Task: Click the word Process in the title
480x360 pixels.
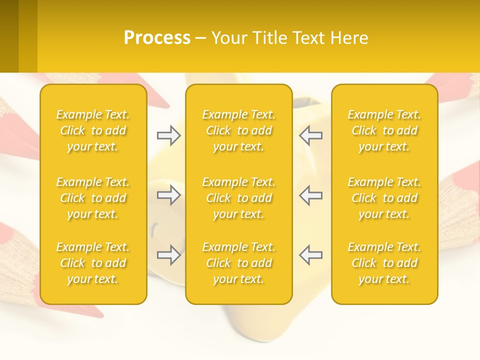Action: (x=157, y=38)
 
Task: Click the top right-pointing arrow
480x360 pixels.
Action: (x=168, y=135)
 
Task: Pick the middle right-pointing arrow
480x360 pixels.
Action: (x=168, y=195)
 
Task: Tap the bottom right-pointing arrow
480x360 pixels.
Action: (x=168, y=255)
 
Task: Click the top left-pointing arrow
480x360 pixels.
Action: (x=311, y=135)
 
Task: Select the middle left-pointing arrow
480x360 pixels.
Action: (x=311, y=195)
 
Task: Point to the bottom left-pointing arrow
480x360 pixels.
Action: (x=311, y=255)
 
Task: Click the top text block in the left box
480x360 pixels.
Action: (x=93, y=130)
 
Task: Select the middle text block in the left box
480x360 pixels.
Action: (x=93, y=198)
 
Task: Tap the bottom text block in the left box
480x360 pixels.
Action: (x=93, y=263)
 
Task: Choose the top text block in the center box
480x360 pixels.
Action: (x=239, y=130)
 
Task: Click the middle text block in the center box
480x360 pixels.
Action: (x=239, y=198)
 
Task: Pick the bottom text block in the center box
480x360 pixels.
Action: (x=239, y=263)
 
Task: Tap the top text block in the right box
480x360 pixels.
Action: (x=384, y=130)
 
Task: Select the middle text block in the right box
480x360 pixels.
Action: (x=384, y=198)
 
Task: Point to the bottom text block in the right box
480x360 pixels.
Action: (x=384, y=263)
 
